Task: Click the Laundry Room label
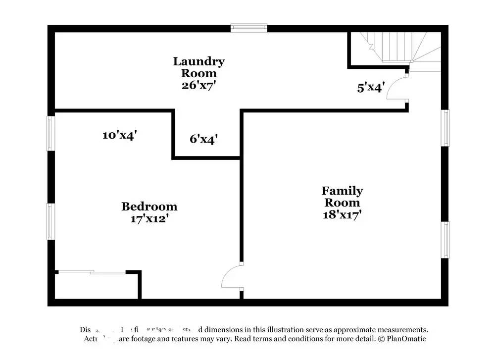click(x=198, y=67)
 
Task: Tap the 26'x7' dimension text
click(x=198, y=85)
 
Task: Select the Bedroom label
click(x=149, y=206)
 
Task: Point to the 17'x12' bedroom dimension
click(x=149, y=218)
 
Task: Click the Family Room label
click(x=342, y=197)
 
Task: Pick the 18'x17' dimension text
click(x=342, y=214)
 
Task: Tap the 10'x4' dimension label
click(x=119, y=135)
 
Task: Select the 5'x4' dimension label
click(x=371, y=88)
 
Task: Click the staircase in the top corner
click(x=396, y=47)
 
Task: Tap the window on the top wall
click(x=249, y=28)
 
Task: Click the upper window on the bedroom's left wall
click(x=51, y=133)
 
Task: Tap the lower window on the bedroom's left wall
click(x=51, y=221)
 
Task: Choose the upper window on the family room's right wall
click(x=445, y=128)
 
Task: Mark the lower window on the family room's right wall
click(x=445, y=240)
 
